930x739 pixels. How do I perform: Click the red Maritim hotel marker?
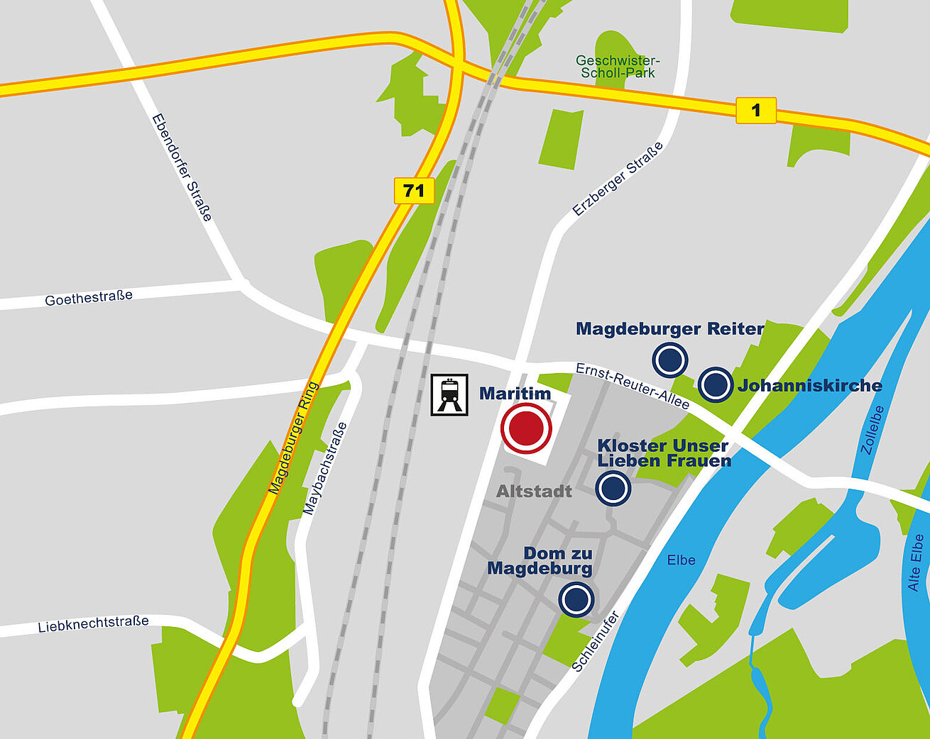pos(526,428)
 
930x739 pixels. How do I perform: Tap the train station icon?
pos(449,394)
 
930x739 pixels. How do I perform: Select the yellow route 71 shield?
pos(414,190)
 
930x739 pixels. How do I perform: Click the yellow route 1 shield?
pos(755,110)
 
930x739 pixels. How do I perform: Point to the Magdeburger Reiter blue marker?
pos(669,360)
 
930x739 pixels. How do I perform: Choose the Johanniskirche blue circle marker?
pos(715,385)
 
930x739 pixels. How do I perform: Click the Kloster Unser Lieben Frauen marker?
pos(613,488)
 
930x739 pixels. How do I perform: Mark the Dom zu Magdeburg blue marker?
pos(576,599)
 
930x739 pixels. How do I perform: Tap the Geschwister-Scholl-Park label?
pos(617,67)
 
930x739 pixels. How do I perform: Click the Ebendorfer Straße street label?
pos(182,167)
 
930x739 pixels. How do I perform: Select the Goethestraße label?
pos(89,298)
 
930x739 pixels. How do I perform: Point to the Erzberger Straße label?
pos(618,179)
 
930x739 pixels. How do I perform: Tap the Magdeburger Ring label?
pos(294,438)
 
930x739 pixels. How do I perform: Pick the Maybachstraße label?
pos(325,468)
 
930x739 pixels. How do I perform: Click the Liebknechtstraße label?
pos(93,624)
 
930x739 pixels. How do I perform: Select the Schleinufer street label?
pos(596,641)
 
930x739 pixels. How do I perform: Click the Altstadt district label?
pos(534,491)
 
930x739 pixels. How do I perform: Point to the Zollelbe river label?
pos(872,429)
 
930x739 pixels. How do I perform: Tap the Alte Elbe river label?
pos(915,562)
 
